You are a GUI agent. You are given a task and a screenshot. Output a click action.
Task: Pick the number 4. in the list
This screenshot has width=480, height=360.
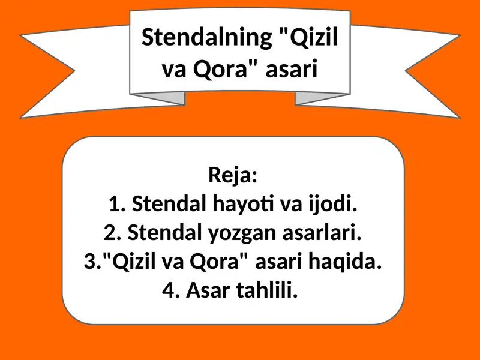point(172,290)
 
